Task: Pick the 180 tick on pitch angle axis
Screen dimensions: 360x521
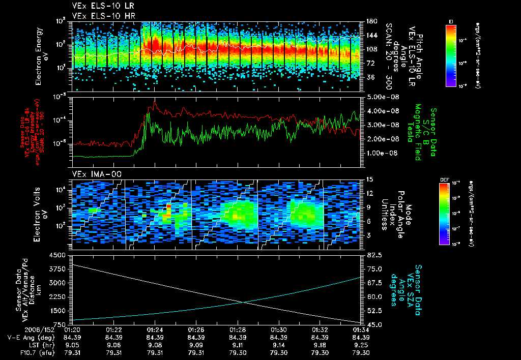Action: [370, 21]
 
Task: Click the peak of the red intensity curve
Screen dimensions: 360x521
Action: [155, 102]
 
